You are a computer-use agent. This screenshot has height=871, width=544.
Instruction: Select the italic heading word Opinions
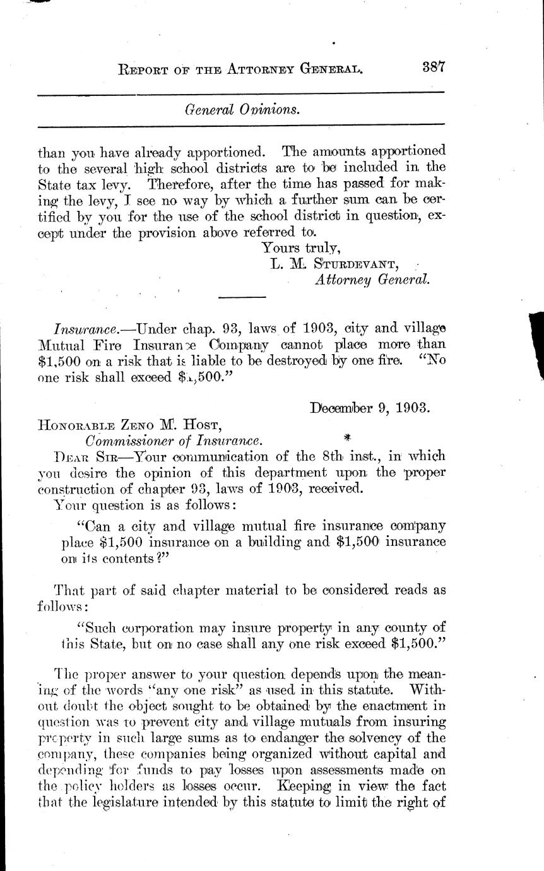271,109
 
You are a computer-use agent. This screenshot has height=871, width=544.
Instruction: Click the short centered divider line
242,297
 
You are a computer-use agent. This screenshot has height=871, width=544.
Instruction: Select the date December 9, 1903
370,407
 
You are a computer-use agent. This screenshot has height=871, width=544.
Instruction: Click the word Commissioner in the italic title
129,440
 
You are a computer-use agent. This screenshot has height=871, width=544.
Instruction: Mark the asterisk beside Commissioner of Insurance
346,437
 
